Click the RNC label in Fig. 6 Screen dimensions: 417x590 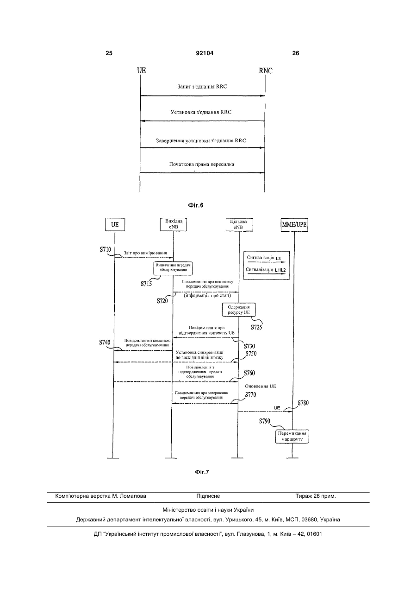point(266,70)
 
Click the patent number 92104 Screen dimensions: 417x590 point(205,53)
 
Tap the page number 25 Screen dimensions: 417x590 point(109,53)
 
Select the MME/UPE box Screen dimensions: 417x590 point(294,225)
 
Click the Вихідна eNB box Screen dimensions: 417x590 point(174,224)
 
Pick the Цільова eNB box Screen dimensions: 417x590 point(239,225)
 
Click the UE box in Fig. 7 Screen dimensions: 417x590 point(115,224)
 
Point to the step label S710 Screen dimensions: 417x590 point(105,249)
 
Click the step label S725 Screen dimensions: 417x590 point(256,327)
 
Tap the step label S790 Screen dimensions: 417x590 point(265,421)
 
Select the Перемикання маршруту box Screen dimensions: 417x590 point(292,437)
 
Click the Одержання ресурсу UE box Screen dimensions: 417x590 point(239,310)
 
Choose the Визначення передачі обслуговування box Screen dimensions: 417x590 point(173,268)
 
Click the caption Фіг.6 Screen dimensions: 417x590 point(196,205)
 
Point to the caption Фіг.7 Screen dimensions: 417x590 point(202,472)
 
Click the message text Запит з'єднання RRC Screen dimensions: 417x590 point(202,87)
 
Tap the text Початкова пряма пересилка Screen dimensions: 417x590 point(201,165)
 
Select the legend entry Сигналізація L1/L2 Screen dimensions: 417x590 point(266,270)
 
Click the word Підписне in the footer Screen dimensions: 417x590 point(208,496)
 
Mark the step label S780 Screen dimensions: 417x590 point(303,403)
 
